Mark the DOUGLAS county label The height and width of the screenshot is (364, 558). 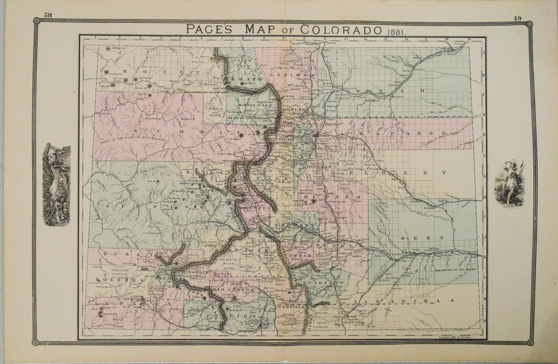320,166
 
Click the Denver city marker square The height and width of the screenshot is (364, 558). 316,136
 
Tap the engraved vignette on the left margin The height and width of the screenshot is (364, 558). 54,183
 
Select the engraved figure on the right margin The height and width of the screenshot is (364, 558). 509,183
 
